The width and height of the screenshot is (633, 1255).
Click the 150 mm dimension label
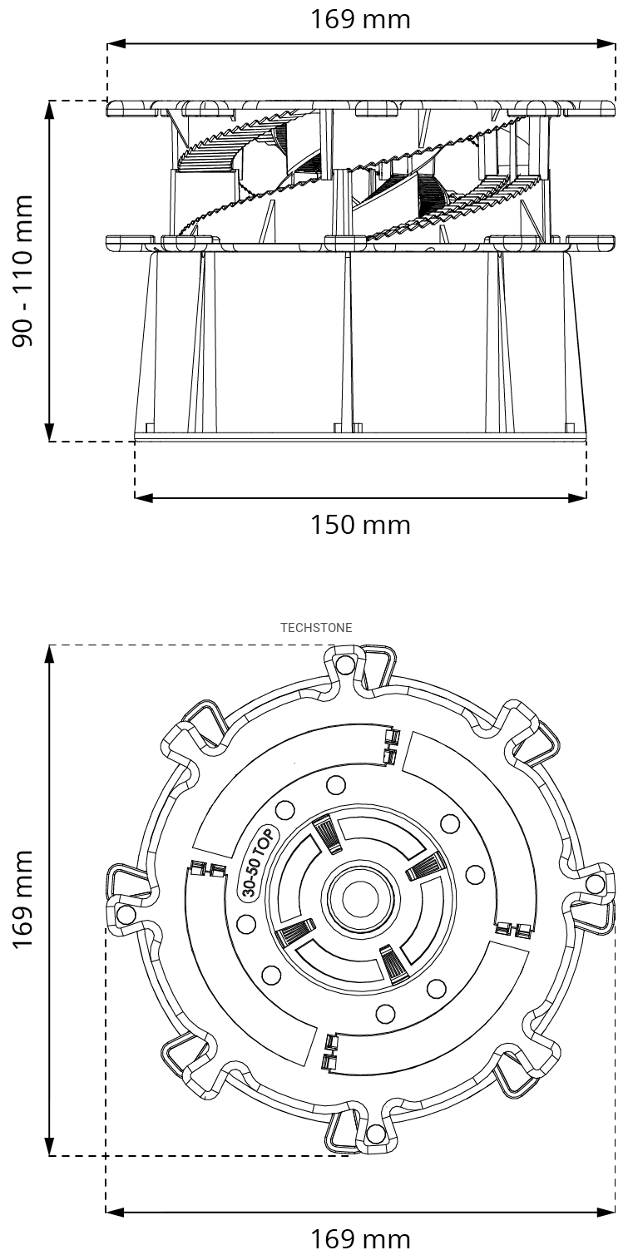(x=360, y=526)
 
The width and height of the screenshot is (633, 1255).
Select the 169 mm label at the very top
(x=360, y=19)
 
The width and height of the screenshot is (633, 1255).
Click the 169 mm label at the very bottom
(x=360, y=1239)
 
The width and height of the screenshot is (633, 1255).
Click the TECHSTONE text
(x=316, y=628)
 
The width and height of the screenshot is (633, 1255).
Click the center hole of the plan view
(x=361, y=899)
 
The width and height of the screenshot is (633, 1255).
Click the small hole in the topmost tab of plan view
(x=346, y=664)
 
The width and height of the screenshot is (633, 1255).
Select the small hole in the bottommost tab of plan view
(x=376, y=1134)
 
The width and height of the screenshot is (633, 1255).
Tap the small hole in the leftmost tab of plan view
(x=126, y=915)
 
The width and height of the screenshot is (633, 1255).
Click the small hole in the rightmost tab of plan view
(x=596, y=883)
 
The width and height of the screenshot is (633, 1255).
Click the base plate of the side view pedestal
(x=360, y=437)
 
